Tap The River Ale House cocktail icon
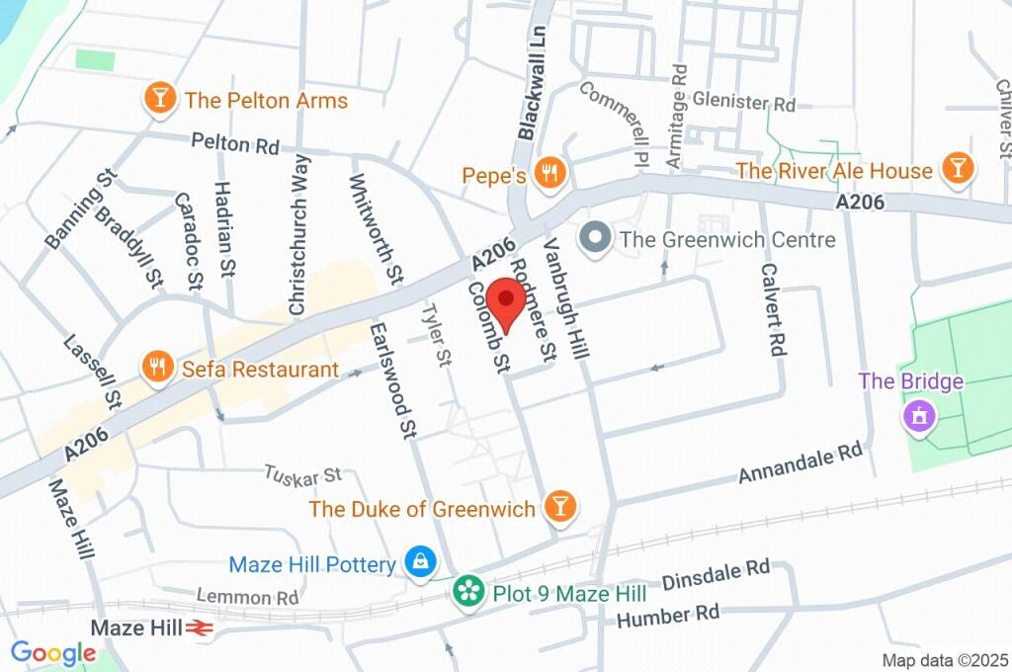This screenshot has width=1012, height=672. [956, 169]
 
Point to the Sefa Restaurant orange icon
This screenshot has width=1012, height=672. [157, 368]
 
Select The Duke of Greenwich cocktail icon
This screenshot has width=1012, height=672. [559, 508]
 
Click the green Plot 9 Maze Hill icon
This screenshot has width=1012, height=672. [468, 592]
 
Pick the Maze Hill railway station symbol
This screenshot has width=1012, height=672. [202, 628]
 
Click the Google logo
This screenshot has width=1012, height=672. [53, 653]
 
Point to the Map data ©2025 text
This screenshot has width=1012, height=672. [945, 660]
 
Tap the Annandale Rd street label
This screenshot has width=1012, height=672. [801, 462]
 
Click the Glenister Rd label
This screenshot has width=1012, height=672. [744, 102]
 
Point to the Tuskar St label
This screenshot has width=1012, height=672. [302, 475]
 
